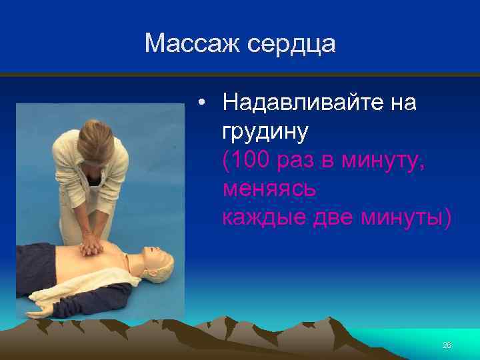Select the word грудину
266,131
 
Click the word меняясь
270,189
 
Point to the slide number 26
447,345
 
